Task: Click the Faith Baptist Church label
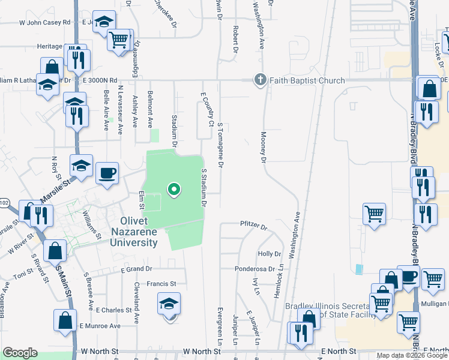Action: pyautogui.click(x=307, y=80)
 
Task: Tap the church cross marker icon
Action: pyautogui.click(x=260, y=80)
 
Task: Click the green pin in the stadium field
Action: pyautogui.click(x=174, y=190)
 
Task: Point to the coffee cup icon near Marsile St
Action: pyautogui.click(x=107, y=173)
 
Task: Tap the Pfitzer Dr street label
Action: pyautogui.click(x=253, y=226)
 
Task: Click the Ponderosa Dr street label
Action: pyautogui.click(x=255, y=269)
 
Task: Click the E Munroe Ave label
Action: pyautogui.click(x=100, y=326)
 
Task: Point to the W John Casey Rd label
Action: pyautogui.click(x=45, y=22)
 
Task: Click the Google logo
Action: pyautogui.click(x=20, y=353)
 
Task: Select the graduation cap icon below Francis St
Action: pyautogui.click(x=169, y=303)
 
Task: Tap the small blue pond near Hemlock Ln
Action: pyautogui.click(x=359, y=269)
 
